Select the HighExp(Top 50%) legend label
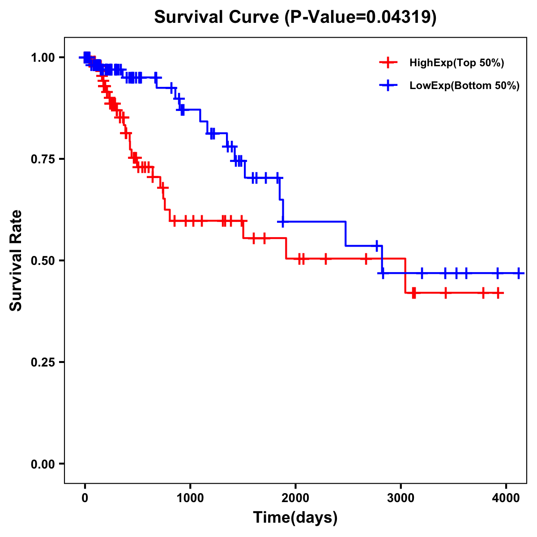click(457, 63)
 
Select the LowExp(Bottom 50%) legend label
click(465, 86)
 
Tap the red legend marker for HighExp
click(388, 63)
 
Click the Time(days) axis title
click(295, 518)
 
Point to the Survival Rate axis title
click(16, 260)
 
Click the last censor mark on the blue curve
click(518, 273)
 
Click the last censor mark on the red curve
click(498, 293)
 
